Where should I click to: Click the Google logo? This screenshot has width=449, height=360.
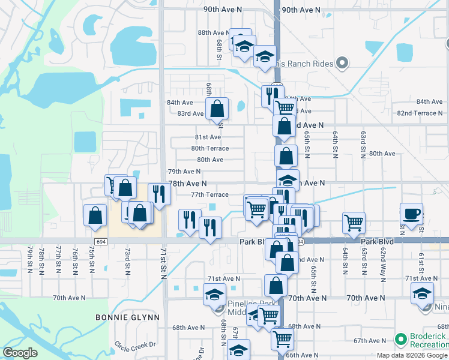pos(20,353)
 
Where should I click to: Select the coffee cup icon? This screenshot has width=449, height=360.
pos(412,214)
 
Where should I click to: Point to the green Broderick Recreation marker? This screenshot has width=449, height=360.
pos(400,340)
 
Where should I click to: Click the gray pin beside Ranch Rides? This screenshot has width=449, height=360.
pos(342,62)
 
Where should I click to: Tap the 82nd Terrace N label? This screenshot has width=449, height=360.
pos(420,113)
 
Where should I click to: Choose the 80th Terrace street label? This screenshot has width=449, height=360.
pos(210,148)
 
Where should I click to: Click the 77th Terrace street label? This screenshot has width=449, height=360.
pos(209,194)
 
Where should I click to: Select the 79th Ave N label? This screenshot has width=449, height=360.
pos(184,172)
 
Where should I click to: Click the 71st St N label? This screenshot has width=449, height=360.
pos(163,263)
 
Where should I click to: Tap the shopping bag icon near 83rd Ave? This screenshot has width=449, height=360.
pos(217,109)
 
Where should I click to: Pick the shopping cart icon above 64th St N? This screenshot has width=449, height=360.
pos(354,223)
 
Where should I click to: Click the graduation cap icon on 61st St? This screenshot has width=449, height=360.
pos(422,293)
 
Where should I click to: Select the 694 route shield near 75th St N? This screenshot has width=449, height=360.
pos(101,241)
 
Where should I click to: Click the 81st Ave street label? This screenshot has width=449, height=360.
pos(207,137)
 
